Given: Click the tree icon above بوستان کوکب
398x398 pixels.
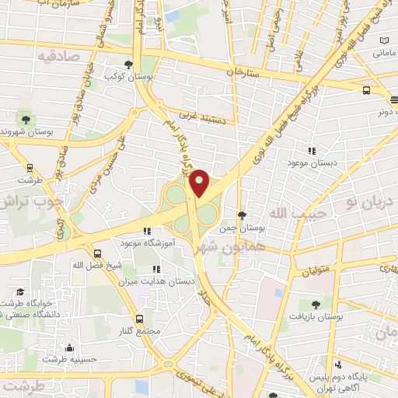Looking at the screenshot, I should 129,65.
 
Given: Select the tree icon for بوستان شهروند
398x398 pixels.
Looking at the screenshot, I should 26,119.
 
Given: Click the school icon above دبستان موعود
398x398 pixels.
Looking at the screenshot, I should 312,151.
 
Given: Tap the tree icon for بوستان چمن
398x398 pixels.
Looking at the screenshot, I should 242,215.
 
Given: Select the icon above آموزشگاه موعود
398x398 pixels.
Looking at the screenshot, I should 146,231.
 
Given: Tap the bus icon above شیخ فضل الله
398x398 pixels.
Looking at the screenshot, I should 97,253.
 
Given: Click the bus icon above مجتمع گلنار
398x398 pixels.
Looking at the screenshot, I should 139,319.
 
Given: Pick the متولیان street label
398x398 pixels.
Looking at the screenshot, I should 316,271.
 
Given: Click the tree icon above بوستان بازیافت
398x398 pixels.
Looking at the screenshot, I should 314,305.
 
